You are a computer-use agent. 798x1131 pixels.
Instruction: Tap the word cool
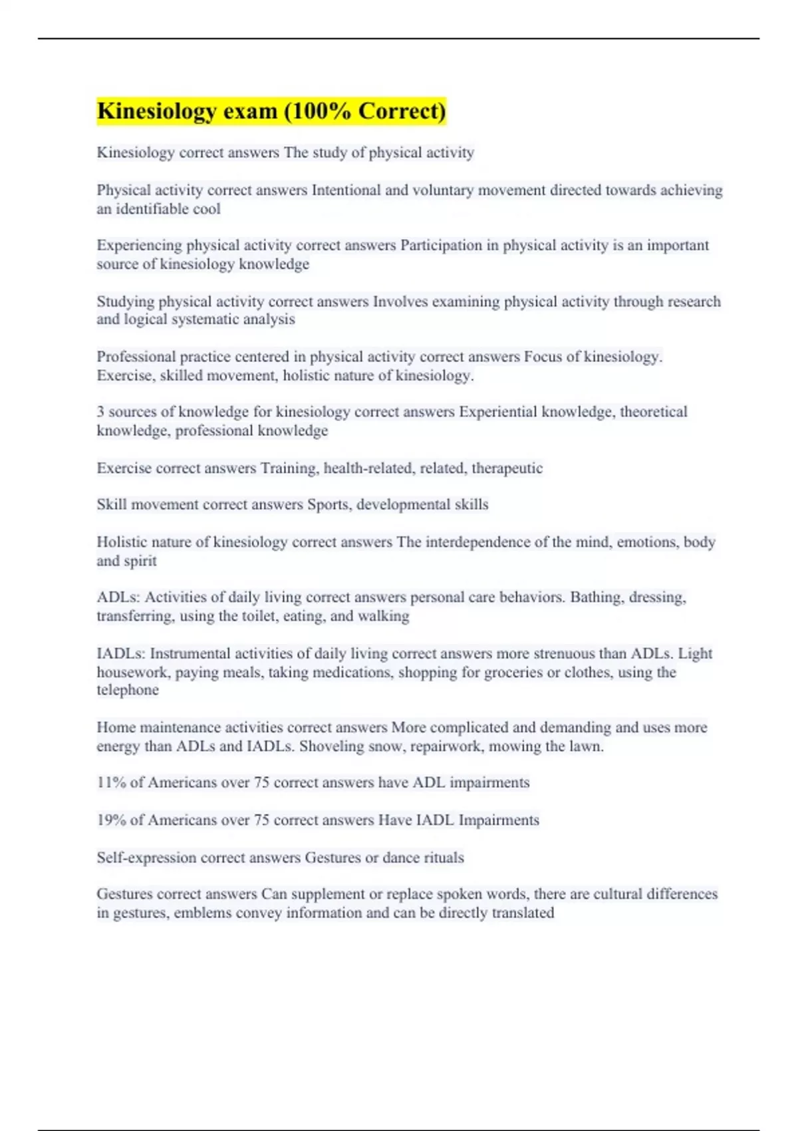point(207,209)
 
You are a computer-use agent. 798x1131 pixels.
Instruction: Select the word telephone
point(128,690)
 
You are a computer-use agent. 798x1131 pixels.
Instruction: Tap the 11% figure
point(111,783)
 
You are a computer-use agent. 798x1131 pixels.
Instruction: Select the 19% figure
point(111,820)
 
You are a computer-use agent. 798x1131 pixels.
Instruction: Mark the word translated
point(523,913)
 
